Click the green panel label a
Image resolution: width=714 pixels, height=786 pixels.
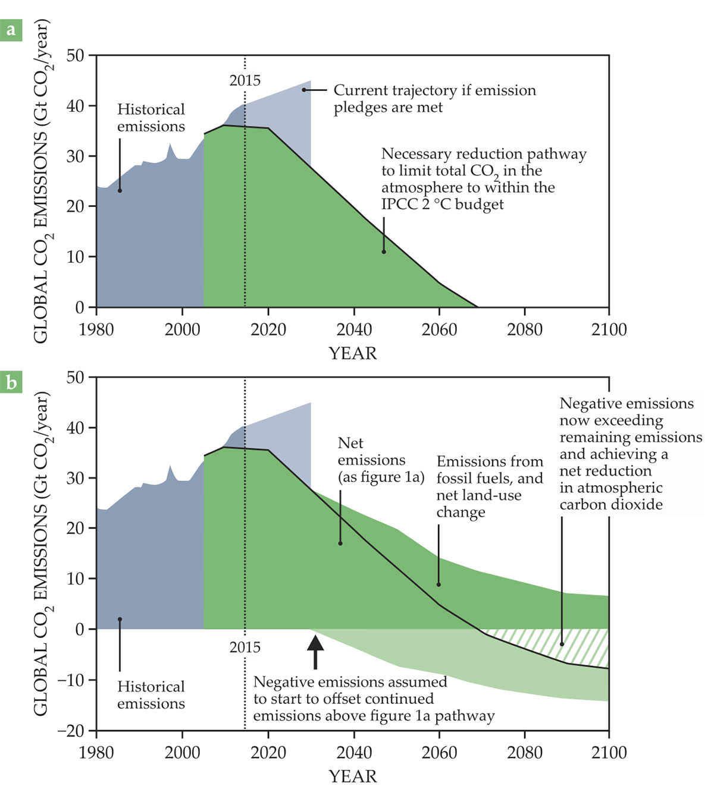pyautogui.click(x=11, y=30)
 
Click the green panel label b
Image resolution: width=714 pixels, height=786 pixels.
pyautogui.click(x=11, y=383)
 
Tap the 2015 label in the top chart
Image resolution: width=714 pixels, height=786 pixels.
pyautogui.click(x=245, y=80)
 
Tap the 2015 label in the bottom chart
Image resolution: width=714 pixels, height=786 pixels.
pyautogui.click(x=245, y=647)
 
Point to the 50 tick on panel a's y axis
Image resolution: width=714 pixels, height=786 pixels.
pyautogui.click(x=76, y=56)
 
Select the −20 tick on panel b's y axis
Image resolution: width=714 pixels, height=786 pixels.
pyautogui.click(x=71, y=730)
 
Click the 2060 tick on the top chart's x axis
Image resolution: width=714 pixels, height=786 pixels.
pyautogui.click(x=439, y=329)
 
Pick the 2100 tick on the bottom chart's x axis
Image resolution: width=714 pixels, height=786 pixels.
pyautogui.click(x=609, y=753)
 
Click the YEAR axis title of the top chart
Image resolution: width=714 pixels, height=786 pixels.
pyautogui.click(x=353, y=353)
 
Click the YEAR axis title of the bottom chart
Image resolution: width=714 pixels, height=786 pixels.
pyautogui.click(x=353, y=776)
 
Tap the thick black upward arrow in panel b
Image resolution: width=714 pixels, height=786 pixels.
pyautogui.click(x=315, y=651)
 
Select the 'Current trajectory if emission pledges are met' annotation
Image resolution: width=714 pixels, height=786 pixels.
pyautogui.click(x=434, y=99)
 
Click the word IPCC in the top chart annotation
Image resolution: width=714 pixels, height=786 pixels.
pyautogui.click(x=400, y=205)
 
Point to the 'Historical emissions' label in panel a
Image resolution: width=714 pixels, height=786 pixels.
pyautogui.click(x=151, y=118)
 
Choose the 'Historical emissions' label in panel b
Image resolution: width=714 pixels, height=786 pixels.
pyautogui.click(x=151, y=695)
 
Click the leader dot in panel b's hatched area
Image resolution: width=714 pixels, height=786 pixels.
pyautogui.click(x=562, y=644)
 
